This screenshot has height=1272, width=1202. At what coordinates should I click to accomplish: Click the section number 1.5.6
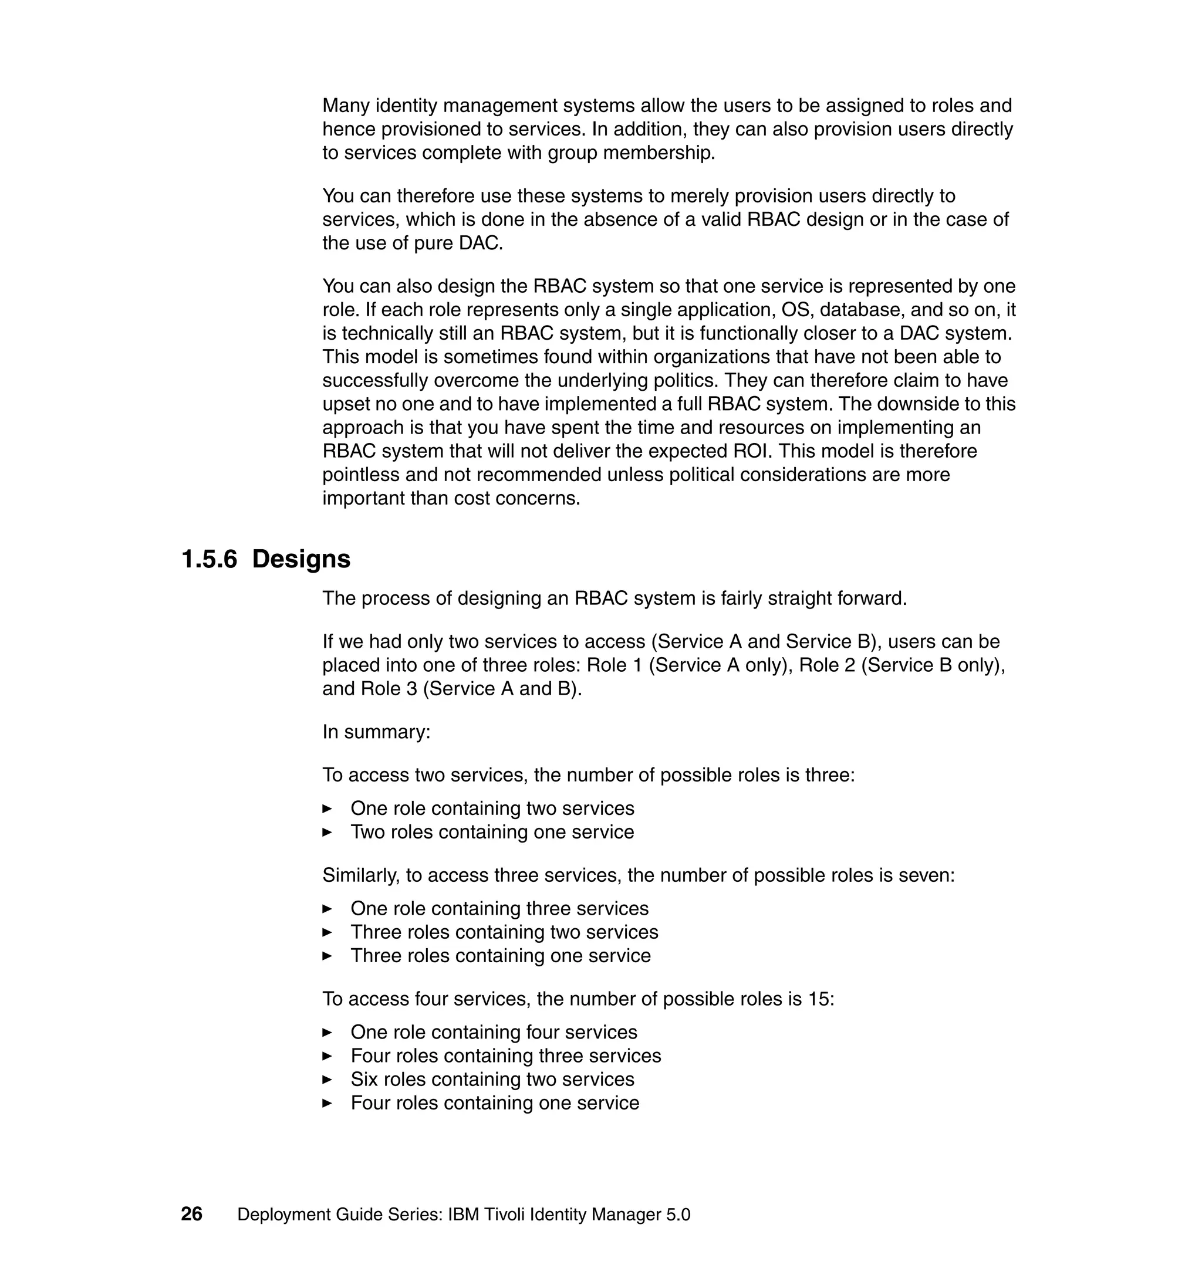point(209,559)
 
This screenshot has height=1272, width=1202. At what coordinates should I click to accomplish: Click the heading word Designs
point(301,559)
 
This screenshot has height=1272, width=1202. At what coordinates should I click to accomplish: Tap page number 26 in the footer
point(191,1215)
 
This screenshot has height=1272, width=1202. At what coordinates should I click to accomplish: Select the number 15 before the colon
point(818,999)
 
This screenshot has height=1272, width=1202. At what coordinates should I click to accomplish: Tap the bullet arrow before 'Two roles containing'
point(327,832)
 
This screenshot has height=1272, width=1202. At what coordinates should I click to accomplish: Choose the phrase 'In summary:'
point(376,732)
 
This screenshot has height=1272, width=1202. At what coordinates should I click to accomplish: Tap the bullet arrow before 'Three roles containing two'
point(327,932)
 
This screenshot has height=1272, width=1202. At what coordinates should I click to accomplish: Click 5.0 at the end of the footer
point(678,1215)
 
